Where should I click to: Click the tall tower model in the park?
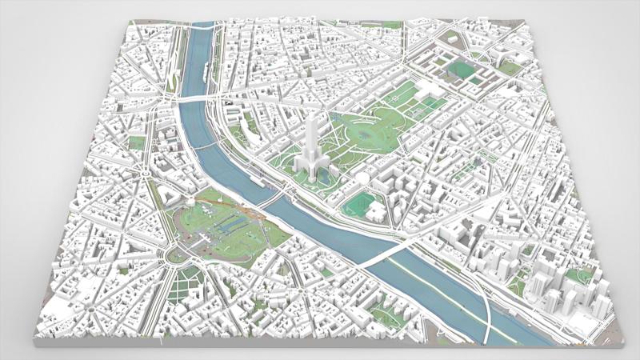[311, 148]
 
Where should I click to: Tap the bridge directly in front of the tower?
[277, 192]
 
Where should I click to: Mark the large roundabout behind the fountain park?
[170, 255]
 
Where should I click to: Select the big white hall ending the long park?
[423, 88]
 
